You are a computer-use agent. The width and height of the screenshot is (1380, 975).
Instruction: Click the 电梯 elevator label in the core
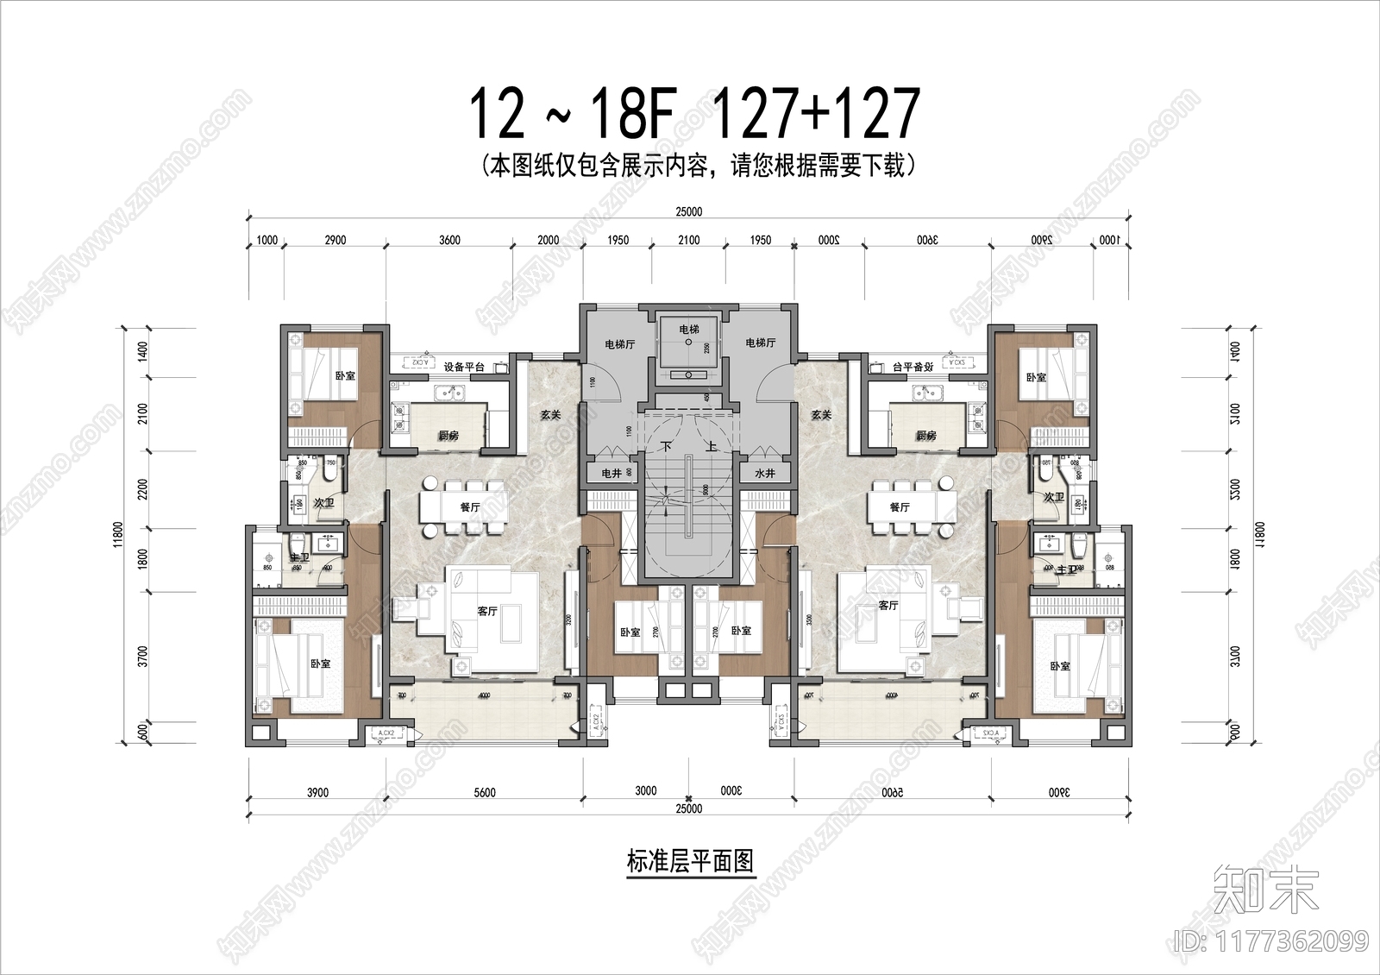688,329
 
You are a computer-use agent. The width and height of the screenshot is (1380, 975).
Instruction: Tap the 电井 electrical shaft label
612,473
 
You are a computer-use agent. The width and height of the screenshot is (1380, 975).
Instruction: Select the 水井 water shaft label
764,473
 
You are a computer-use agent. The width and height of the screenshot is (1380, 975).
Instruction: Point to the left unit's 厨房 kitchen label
448,435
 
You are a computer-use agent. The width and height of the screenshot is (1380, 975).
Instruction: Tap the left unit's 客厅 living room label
487,611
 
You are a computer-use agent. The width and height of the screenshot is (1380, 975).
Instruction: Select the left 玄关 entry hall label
550,415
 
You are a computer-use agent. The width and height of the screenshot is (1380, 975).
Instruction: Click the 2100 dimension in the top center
688,240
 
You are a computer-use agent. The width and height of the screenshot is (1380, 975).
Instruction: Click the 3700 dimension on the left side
143,656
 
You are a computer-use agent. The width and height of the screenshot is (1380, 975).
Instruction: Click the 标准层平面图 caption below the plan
690,861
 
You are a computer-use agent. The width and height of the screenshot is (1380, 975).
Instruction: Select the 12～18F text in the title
570,114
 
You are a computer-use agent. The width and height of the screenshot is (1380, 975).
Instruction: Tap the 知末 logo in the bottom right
1265,890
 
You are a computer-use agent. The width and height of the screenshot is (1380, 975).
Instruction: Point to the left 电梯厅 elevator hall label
619,343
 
